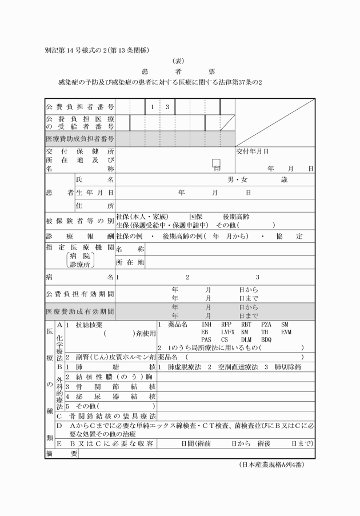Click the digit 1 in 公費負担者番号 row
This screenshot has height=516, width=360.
[x=153, y=107]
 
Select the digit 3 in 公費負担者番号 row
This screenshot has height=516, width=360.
[x=167, y=107]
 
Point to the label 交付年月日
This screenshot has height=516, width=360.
[x=253, y=152]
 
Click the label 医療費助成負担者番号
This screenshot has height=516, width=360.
[x=80, y=138]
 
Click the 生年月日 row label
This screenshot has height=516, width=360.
[x=95, y=193]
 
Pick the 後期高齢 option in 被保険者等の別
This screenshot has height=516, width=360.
[x=237, y=217]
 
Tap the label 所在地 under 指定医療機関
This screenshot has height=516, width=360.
[x=130, y=262]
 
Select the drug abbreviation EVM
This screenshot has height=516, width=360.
[x=286, y=332]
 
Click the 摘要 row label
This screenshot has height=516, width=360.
[x=61, y=453]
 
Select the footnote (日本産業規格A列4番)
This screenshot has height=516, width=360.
[x=271, y=465]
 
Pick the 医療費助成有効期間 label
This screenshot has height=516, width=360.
[x=80, y=312]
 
